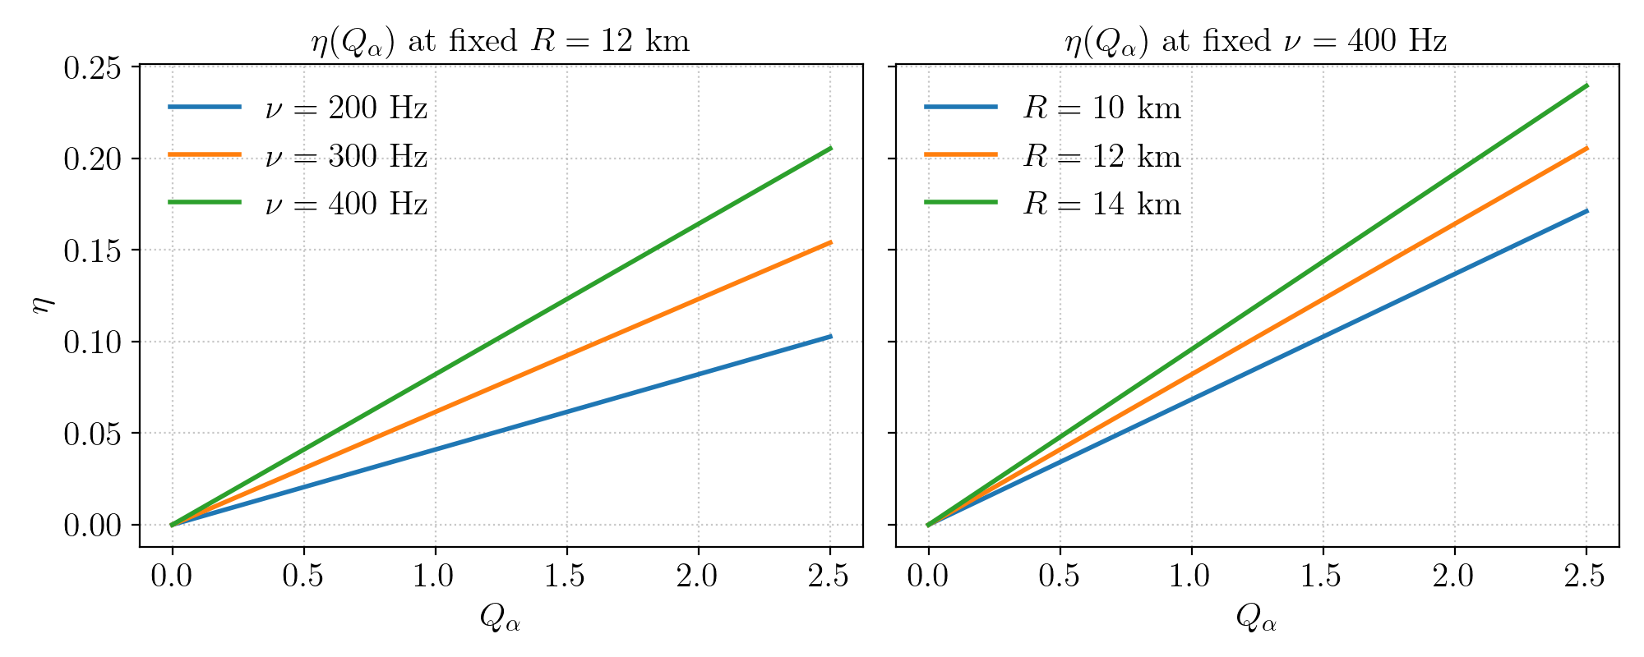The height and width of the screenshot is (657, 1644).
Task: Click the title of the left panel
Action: pyautogui.click(x=501, y=40)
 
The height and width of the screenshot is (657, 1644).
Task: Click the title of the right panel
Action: pyautogui.click(x=1256, y=40)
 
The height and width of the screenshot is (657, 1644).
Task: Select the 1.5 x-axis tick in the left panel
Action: pyautogui.click(x=566, y=577)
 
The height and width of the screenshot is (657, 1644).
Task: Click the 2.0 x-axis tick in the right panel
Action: pyautogui.click(x=1454, y=577)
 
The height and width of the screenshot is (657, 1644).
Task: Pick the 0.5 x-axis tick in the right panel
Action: pyautogui.click(x=1060, y=577)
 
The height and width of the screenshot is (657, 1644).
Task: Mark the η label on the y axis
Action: pyautogui.click(x=41, y=305)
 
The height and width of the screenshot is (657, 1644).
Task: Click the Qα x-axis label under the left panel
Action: pyautogui.click(x=501, y=618)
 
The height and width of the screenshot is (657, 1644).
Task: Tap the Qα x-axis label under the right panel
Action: pyautogui.click(x=1256, y=618)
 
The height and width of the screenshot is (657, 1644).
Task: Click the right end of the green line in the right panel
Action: pyautogui.click(x=1586, y=85)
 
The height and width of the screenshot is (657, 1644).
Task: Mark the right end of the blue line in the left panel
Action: pyautogui.click(x=830, y=337)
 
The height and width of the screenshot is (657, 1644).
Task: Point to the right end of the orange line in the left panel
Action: pyautogui.click(x=830, y=242)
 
